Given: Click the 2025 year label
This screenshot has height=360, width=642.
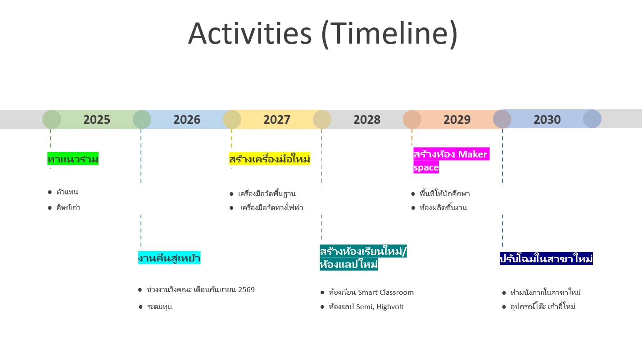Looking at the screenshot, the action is pos(97,120).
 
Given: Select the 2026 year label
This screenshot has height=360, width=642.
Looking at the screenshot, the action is pos(186,120).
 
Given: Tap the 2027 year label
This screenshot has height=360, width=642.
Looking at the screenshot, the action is pos(277,120).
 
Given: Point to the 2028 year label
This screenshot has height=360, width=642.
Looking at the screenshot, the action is pos(367,120).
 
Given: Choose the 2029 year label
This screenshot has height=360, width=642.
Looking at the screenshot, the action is pos(457,120).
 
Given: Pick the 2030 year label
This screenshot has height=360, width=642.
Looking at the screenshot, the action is pos(547,120).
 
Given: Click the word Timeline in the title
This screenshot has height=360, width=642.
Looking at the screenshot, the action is pos(389,34).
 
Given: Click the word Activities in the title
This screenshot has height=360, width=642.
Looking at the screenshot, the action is pos(250,34).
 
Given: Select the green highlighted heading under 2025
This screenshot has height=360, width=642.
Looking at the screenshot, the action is pos(73,159).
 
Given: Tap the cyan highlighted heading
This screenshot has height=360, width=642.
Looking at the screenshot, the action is pos(169,258).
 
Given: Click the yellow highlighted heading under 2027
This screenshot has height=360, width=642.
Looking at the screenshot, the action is pos(269,159).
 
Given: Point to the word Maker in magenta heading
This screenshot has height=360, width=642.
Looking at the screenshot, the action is pos(472,154).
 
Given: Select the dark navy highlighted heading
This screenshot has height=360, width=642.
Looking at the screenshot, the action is pos(546,259).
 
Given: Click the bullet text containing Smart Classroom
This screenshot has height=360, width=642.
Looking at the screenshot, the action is pos(371,292).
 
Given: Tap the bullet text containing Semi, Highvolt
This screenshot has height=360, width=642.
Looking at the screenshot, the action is pos(366,307).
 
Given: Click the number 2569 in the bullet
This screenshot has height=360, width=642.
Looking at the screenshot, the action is pos(246,289).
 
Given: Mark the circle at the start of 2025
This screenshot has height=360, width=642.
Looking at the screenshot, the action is pos(52,119).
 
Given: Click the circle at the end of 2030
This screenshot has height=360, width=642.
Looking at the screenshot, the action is pos(592,119).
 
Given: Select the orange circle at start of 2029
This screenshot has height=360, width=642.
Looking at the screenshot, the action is pos(412,119).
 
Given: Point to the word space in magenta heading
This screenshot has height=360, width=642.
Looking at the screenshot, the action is pos(426,167).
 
